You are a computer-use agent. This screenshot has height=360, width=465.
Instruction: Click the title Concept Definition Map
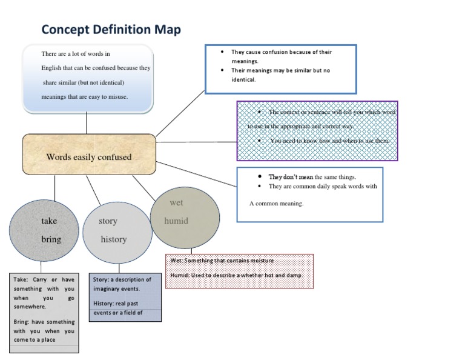111,30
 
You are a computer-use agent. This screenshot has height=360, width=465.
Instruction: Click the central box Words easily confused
89,157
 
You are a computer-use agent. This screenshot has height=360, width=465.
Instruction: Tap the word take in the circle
49,221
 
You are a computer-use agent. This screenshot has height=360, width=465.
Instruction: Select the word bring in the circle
51,239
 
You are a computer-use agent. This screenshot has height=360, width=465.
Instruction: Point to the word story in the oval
108,221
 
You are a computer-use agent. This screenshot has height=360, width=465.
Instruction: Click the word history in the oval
114,239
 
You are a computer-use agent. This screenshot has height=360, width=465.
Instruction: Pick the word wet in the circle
176,202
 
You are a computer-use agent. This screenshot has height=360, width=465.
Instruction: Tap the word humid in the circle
176,221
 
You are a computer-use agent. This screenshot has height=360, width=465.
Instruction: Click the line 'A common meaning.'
276,204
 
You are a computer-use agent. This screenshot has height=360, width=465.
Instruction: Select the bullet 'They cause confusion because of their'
282,52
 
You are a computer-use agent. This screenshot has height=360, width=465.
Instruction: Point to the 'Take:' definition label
21,280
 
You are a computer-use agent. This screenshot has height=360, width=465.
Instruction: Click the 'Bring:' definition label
22,322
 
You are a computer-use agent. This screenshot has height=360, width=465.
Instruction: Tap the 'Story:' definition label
101,280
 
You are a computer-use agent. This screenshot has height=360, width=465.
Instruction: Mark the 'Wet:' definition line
222,261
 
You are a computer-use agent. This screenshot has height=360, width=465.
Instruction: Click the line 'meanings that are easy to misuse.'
84,96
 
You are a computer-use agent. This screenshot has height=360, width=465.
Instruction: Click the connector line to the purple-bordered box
196,142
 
